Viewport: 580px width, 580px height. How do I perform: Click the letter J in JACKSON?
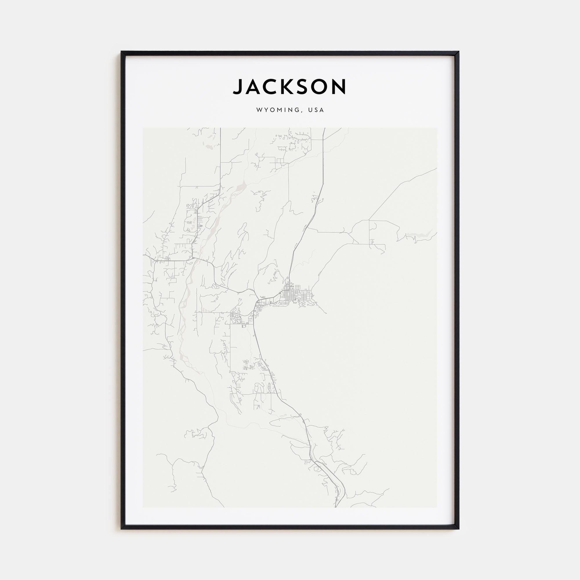(x=238, y=87)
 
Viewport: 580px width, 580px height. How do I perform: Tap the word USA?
(x=317, y=110)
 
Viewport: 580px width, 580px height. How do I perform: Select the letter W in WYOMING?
(x=259, y=110)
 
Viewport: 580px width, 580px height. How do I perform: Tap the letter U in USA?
(x=311, y=110)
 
